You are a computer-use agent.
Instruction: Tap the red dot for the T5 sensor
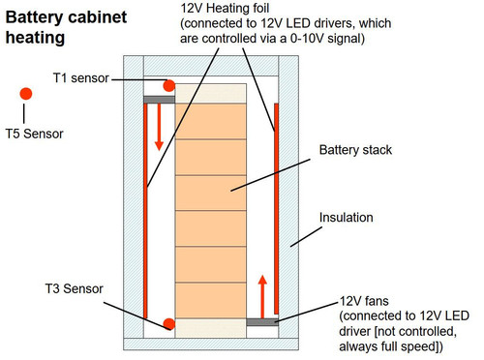(x=26, y=93)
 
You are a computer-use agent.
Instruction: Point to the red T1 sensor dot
(x=168, y=86)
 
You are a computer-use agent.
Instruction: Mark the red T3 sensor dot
(x=168, y=322)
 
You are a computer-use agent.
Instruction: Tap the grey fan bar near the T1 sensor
(x=158, y=99)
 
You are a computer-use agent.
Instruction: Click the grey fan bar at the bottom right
(x=262, y=320)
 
